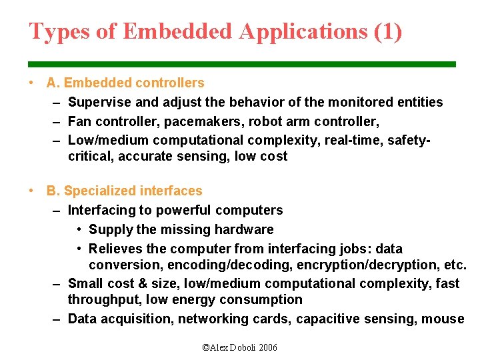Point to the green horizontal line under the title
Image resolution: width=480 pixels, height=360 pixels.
pos(242,64)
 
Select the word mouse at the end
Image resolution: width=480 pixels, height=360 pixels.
pos(443,319)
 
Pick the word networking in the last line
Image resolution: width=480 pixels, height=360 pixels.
pos(213,319)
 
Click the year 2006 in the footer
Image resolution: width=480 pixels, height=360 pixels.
pos(267,347)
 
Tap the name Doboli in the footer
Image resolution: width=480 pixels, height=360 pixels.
pos(241,347)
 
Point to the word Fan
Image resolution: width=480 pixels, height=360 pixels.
pos(79,121)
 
